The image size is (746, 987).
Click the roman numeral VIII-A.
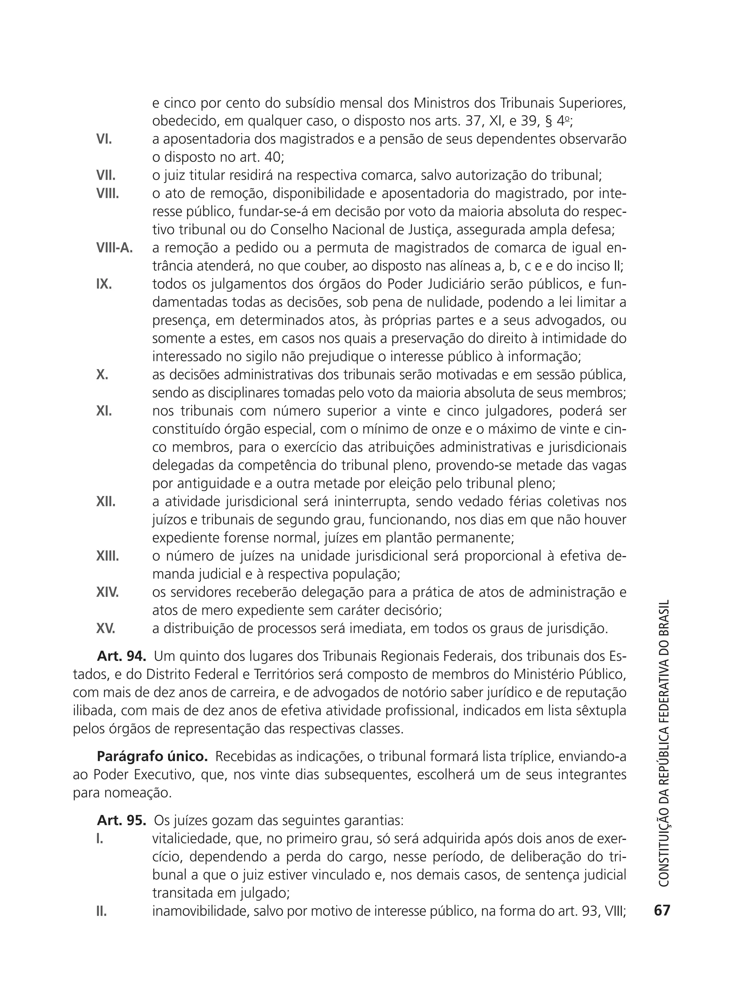115,248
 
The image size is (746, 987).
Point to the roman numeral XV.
106,629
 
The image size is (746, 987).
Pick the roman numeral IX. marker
104,284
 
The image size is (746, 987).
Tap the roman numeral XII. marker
106,502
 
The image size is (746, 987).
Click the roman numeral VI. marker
104,139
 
